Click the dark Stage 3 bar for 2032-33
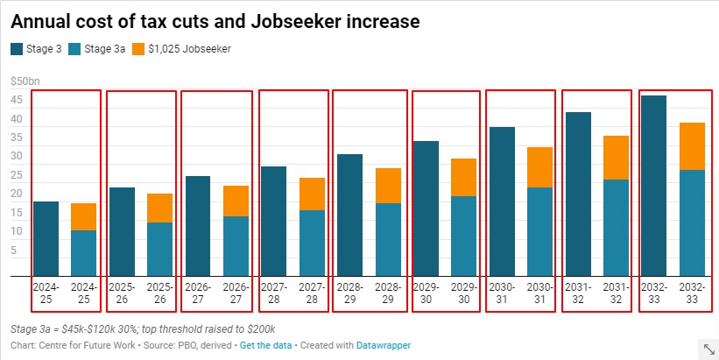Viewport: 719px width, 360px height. (x=654, y=186)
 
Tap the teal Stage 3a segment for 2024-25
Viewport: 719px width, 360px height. (x=83, y=253)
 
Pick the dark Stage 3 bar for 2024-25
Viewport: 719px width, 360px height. (x=46, y=238)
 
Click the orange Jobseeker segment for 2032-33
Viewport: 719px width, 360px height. (x=693, y=146)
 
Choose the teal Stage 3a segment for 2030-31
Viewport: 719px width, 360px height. (x=540, y=231)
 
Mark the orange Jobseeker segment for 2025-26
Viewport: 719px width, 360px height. (x=159, y=208)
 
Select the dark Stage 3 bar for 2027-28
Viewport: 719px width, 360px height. (x=274, y=221)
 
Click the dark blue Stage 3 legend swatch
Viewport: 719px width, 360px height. (x=18, y=49)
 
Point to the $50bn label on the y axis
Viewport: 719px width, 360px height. (x=25, y=81)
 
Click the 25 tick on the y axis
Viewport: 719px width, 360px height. (x=16, y=175)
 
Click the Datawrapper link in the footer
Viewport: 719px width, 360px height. (x=383, y=346)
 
